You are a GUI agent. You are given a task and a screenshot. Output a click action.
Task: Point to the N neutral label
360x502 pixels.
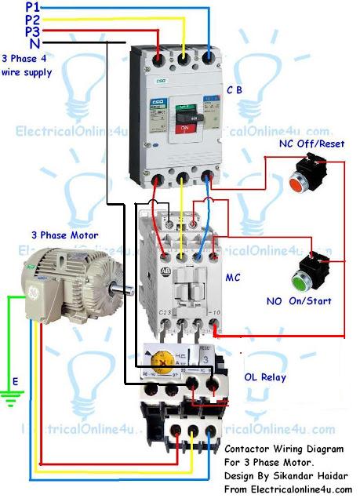pyautogui.click(x=33, y=44)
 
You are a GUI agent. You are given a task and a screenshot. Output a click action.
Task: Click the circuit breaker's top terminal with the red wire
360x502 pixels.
pyautogui.click(x=159, y=57)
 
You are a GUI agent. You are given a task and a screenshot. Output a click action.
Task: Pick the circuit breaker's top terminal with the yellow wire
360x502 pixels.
pyautogui.click(x=185, y=57)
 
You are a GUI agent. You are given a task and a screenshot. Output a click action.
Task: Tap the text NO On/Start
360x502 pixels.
pyautogui.click(x=298, y=300)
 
